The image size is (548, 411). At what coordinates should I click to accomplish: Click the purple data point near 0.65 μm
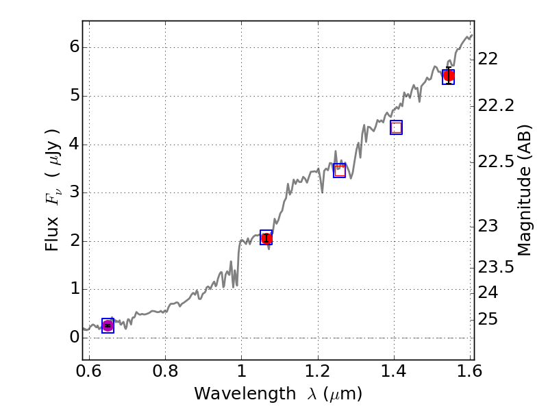[x=108, y=326]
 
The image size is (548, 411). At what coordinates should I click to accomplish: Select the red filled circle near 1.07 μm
[x=266, y=238]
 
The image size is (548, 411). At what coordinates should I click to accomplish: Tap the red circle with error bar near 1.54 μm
[x=449, y=75]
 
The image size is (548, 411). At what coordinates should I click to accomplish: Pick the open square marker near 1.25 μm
[x=339, y=171]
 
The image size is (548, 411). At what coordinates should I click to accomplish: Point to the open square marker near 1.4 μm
[x=396, y=127]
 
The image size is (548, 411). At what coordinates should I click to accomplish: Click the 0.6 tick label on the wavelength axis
[x=89, y=371]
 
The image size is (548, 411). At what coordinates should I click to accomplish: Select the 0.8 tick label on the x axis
[x=165, y=371]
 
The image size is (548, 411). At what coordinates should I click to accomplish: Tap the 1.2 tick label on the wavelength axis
[x=318, y=371]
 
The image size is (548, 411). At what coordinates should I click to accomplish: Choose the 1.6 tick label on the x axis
[x=469, y=371]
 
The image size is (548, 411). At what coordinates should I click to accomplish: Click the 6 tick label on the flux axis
[x=75, y=47]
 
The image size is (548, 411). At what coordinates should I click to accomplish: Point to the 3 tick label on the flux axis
[x=75, y=192]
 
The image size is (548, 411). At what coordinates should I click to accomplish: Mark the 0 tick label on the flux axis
[x=75, y=337]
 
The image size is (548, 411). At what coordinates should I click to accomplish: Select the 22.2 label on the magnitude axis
[x=496, y=105]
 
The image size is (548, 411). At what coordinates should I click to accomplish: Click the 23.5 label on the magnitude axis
[x=496, y=267]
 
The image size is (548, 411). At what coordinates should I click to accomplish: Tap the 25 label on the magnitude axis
[x=488, y=319]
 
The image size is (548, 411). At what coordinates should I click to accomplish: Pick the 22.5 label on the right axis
[x=496, y=162]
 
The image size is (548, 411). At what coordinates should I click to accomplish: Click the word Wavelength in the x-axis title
[x=245, y=394]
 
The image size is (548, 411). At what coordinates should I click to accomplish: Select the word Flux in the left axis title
[x=52, y=234]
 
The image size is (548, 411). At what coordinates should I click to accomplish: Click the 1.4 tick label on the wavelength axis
[x=393, y=371]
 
